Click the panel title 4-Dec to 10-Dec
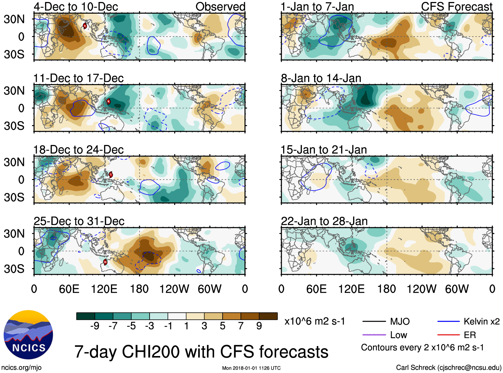coord(76,7)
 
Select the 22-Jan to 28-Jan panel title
coord(324,221)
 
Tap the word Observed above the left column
coord(220,7)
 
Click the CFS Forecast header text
coord(456,7)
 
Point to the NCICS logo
coord(28,335)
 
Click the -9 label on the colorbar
coord(95,326)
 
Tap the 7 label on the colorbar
coord(241,326)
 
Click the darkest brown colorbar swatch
coord(268,316)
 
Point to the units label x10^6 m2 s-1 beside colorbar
coord(315,321)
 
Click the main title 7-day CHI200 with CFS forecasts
coord(201,352)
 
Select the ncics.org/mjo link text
coord(21,368)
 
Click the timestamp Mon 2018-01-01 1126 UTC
coord(251,368)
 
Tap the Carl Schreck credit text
coord(448,368)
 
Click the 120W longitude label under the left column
coord(174,289)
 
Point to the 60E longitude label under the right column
coord(316,289)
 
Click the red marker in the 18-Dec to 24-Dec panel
coord(111,175)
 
